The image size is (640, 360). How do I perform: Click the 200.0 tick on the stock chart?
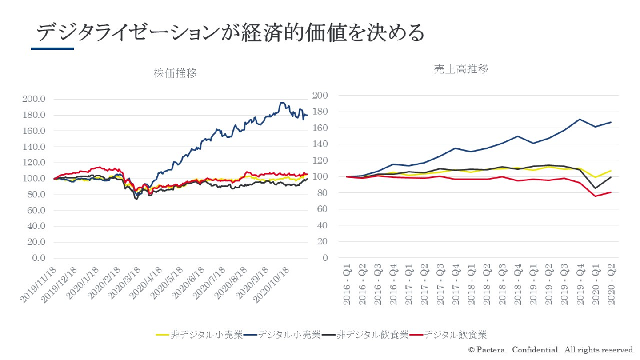[34, 99]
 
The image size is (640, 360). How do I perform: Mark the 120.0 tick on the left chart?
[34, 163]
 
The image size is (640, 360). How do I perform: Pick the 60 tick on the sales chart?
[323, 209]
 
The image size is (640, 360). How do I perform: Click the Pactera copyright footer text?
[551, 350]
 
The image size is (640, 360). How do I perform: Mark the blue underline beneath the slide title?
[52, 48]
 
